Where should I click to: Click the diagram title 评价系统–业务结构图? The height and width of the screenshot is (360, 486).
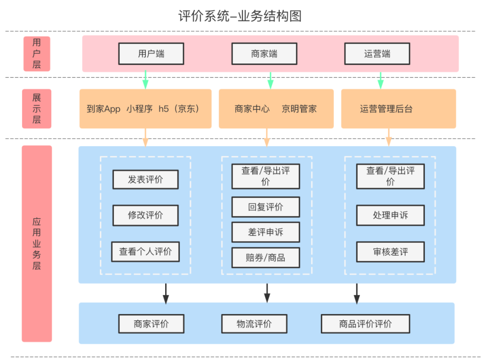click(239, 16)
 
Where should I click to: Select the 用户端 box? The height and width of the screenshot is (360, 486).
click(151, 54)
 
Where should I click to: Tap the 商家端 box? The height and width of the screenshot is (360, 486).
click(264, 54)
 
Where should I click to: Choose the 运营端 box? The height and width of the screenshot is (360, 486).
click(377, 54)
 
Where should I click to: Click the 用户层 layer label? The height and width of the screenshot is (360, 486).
click(37, 54)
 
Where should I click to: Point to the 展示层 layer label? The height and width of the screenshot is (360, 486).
click(37, 108)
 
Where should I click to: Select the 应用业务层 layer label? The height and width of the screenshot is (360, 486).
click(37, 243)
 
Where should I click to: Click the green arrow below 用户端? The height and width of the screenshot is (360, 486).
click(145, 80)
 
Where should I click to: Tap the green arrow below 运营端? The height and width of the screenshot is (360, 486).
click(380, 80)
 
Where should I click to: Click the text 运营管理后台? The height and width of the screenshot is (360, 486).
click(386, 109)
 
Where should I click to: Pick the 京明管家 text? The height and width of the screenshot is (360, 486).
click(299, 109)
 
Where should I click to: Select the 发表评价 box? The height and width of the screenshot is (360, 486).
click(145, 180)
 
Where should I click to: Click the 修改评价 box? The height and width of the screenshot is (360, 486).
click(145, 215)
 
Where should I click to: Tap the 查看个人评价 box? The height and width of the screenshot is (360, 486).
click(145, 252)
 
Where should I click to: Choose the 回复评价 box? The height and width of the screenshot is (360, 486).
click(265, 207)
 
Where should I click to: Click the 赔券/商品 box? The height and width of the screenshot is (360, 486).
click(265, 258)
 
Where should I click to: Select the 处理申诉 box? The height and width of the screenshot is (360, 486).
click(390, 215)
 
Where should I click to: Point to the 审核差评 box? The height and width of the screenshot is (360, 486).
click(390, 252)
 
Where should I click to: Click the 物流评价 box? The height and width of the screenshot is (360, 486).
click(254, 324)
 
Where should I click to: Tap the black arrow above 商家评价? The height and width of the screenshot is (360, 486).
click(166, 293)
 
